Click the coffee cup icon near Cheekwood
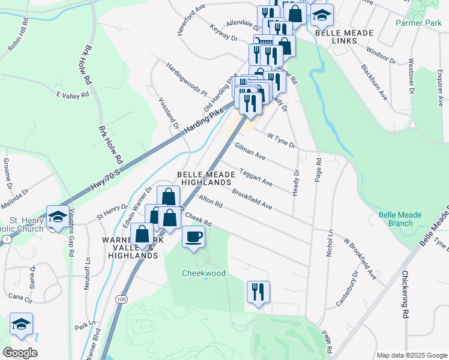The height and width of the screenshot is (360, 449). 193,236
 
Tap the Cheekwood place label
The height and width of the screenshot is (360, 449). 204,273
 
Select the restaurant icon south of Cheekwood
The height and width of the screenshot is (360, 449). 258,292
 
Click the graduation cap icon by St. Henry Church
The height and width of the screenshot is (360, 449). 57,216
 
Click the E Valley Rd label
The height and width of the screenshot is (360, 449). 73,95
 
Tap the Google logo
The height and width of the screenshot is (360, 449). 20,353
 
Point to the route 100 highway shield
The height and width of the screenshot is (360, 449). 122,299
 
